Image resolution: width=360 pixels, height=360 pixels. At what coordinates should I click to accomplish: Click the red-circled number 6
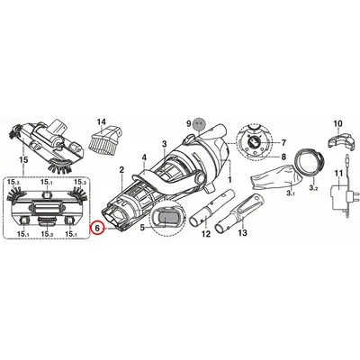97,229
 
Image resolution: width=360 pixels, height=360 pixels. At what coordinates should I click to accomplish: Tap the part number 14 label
102,122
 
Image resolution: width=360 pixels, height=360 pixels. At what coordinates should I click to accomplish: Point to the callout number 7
283,143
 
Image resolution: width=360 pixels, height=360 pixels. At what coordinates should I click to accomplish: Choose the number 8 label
283,157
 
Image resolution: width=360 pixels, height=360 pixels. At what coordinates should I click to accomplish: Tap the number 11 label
338,173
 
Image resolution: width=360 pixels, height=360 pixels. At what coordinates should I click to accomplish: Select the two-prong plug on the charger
349,197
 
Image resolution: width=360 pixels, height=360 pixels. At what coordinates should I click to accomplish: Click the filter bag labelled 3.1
273,178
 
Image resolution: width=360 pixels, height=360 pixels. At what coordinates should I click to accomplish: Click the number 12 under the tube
206,233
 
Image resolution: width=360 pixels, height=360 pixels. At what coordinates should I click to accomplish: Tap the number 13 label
243,232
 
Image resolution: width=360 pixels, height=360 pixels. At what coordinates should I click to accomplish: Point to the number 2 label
121,170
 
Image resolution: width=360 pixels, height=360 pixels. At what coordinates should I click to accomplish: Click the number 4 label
144,157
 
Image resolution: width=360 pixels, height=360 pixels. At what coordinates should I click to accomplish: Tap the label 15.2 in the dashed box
48,233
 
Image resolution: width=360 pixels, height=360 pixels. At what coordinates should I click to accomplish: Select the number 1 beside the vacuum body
229,180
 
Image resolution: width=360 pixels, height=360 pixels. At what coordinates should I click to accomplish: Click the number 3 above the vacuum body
164,144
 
